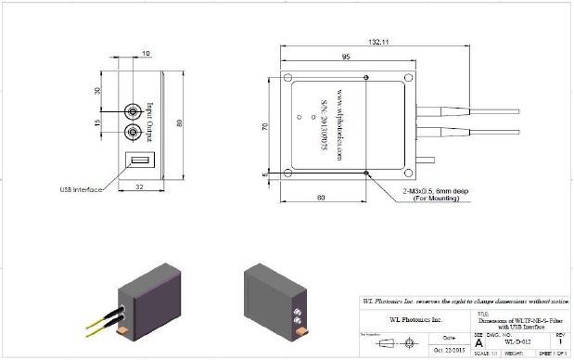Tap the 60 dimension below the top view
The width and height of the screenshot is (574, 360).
click(x=321, y=198)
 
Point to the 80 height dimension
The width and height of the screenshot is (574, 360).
click(x=182, y=123)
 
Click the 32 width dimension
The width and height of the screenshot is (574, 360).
click(x=138, y=186)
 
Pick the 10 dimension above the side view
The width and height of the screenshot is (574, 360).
click(x=146, y=54)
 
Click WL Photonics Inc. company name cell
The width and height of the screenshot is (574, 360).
click(x=415, y=320)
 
